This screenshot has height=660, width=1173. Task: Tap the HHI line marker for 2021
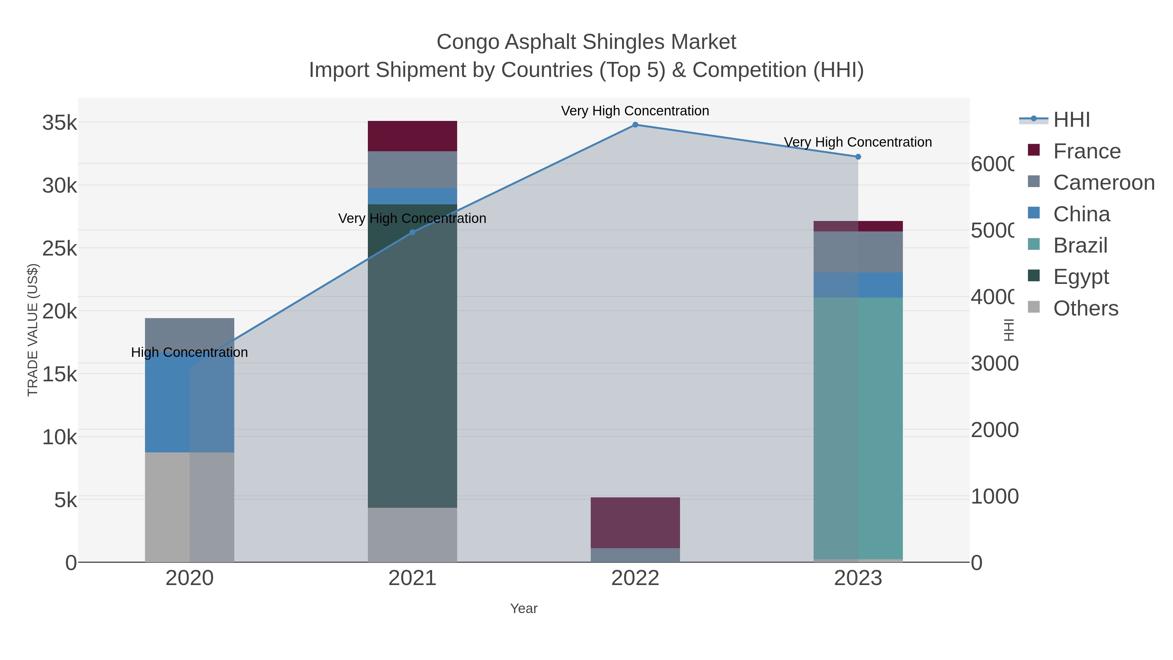(412, 232)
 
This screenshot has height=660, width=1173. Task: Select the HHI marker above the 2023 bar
(858, 157)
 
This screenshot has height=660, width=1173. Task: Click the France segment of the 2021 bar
(412, 136)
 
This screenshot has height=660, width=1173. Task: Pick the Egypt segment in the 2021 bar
(412, 355)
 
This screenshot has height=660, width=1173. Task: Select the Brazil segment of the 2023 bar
(858, 428)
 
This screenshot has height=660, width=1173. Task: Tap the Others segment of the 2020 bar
(189, 506)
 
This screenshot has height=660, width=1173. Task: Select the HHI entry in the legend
(1071, 120)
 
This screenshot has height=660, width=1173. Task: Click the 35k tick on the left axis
(59, 123)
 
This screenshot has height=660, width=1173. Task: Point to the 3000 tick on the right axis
(994, 363)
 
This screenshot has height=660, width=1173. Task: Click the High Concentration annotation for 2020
(189, 353)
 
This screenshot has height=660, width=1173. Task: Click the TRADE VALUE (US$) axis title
(33, 330)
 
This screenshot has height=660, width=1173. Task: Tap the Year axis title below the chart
(524, 609)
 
